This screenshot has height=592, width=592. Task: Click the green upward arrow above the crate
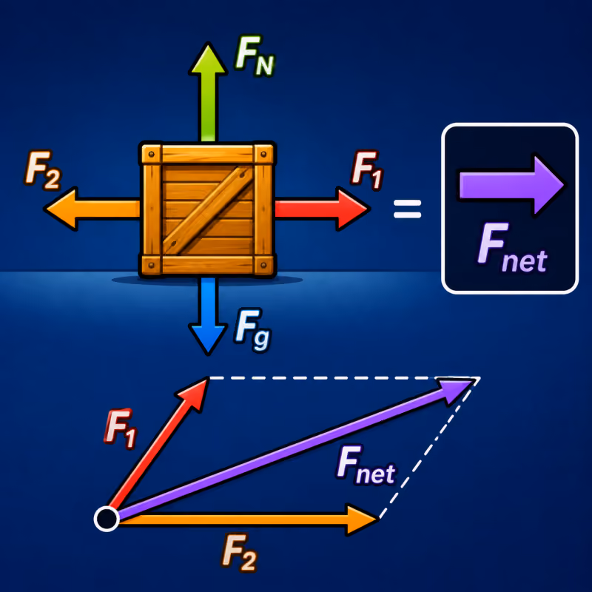[208, 92]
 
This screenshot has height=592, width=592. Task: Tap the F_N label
[255, 55]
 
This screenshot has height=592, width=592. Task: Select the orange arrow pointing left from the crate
[92, 209]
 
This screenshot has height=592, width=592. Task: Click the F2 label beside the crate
[42, 170]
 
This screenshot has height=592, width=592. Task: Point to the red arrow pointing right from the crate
[322, 209]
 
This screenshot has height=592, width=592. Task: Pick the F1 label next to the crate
[367, 170]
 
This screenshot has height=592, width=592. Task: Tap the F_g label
[252, 330]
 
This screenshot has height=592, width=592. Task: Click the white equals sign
[408, 209]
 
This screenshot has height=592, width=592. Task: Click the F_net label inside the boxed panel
[512, 248]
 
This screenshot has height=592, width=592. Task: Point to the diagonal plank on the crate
[208, 210]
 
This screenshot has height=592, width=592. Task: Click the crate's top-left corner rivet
[152, 154]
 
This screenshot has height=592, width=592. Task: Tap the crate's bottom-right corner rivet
[264, 266]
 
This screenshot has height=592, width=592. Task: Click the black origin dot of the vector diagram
[107, 519]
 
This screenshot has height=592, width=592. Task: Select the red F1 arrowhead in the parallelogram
[194, 394]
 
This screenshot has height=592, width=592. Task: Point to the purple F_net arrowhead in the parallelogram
[457, 390]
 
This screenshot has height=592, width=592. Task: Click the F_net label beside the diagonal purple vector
[365, 465]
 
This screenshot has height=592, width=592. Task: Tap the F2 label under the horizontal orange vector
[239, 551]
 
